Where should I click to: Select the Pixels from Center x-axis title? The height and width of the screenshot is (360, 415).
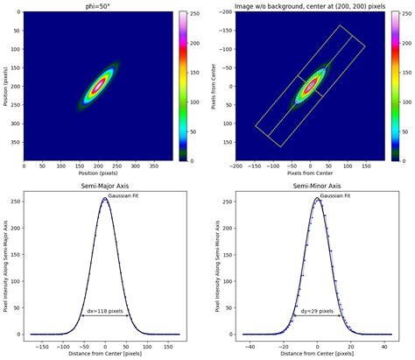(311, 173)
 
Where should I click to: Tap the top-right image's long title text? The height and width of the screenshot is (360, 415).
(311, 6)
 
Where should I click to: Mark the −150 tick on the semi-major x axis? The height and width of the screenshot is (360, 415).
(38, 342)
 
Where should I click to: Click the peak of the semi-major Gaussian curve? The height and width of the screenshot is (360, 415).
(105, 199)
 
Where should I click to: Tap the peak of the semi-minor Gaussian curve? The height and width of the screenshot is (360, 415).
(318, 199)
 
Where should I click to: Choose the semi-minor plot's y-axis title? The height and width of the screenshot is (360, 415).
(219, 264)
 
